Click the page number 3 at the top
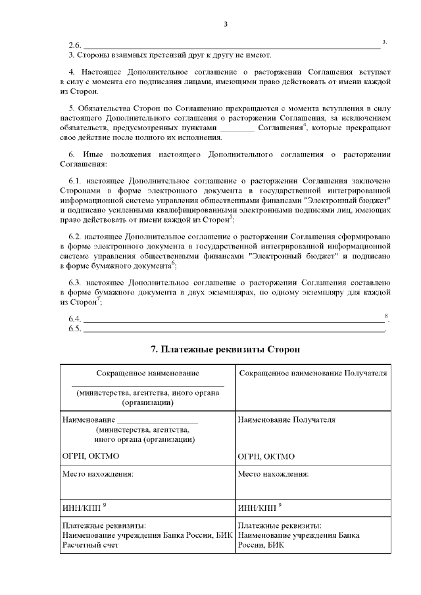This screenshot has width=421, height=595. point(225,24)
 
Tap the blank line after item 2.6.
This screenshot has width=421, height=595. point(230,47)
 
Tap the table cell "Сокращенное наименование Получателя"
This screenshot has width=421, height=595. point(312,373)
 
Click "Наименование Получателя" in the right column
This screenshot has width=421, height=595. point(286,419)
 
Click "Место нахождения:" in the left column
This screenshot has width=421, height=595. point(97,473)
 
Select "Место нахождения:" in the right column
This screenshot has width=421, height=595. point(274,473)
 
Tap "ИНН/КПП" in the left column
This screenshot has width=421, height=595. point(80,508)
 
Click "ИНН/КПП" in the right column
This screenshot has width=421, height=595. point(257,508)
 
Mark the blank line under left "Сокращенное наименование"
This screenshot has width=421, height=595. point(147,385)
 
